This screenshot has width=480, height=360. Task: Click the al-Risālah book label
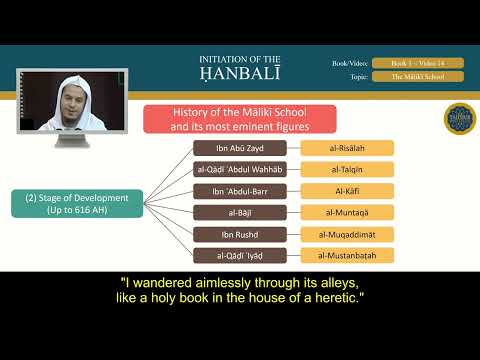point(347,148)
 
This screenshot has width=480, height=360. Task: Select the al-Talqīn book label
point(347,169)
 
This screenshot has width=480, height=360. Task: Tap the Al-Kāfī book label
point(347,190)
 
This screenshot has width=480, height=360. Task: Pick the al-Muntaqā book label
point(347,212)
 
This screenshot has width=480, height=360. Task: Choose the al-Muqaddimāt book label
point(347,233)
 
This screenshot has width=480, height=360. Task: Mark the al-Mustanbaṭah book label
point(347,255)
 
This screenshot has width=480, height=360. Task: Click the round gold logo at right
point(459,117)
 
